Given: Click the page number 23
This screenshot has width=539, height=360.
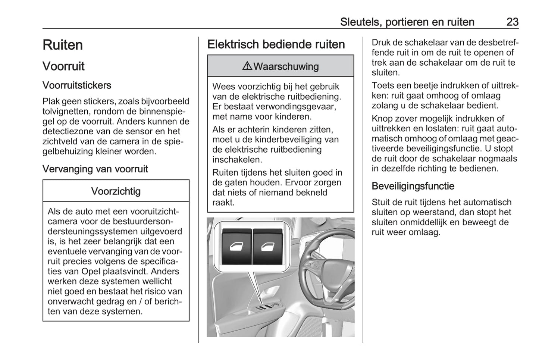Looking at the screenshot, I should (x=512, y=22).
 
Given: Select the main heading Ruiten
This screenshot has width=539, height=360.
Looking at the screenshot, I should (x=63, y=45).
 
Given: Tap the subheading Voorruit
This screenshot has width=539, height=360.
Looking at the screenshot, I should (x=63, y=66).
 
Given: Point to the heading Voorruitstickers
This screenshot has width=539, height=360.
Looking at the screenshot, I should (x=77, y=85).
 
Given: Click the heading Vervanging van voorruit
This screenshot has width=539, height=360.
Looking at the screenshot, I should (x=95, y=169).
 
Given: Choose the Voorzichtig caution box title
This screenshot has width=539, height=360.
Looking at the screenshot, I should (x=116, y=191).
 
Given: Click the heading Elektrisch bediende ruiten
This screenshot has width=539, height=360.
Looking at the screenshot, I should (x=276, y=44).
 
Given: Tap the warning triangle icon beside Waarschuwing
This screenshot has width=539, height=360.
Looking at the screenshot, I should (x=247, y=66).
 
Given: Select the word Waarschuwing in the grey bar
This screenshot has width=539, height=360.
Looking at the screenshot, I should (x=286, y=67).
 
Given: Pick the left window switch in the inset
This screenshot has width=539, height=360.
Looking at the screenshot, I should (x=236, y=247).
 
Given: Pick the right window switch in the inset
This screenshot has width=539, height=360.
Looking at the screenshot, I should (x=267, y=247).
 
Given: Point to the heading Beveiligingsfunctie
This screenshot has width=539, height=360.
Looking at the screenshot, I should (x=413, y=186).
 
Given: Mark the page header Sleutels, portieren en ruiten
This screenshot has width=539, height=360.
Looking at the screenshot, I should (x=407, y=22).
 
